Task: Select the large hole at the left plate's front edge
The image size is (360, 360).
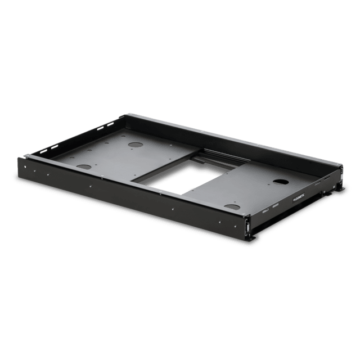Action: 83,166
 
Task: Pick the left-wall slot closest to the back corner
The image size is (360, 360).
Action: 112,121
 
